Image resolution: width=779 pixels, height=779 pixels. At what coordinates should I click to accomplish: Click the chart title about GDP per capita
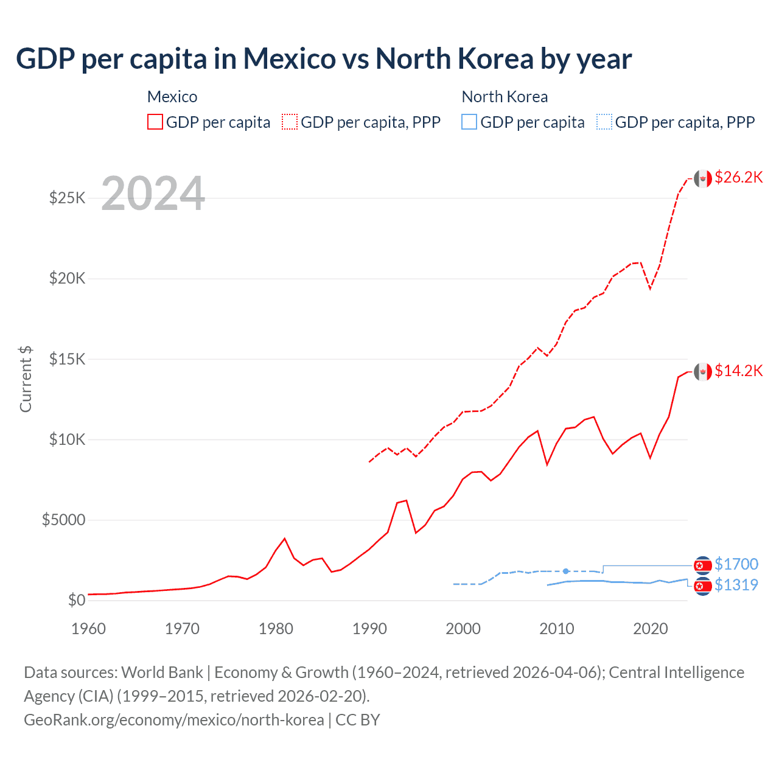point(324,59)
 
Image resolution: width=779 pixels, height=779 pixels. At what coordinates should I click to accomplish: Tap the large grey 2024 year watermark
point(153,194)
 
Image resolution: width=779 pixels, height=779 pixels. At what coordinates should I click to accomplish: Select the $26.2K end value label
point(738,177)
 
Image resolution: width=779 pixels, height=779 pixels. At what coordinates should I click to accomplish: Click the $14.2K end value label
point(738,371)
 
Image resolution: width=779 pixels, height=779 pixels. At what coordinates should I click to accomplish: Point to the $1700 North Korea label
point(736,564)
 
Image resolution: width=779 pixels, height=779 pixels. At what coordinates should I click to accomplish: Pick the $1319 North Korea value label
point(736,585)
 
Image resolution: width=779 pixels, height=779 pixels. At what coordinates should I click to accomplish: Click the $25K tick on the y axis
point(67,198)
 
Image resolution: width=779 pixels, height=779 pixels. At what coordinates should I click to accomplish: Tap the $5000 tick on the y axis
point(63,520)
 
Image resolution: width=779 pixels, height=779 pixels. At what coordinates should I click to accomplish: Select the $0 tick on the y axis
point(76,600)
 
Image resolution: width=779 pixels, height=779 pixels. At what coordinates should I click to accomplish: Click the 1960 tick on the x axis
point(89,629)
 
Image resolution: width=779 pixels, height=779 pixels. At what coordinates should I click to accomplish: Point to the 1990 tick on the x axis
point(369,629)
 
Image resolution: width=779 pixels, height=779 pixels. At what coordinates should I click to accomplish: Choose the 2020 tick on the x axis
point(651,629)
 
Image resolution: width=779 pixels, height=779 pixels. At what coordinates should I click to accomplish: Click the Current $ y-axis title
point(26,379)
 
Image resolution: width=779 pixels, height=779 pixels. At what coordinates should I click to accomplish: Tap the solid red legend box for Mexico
point(155,122)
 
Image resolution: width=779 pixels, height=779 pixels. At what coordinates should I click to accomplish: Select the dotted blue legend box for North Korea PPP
point(604,122)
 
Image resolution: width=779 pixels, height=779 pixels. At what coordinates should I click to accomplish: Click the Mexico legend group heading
point(172,97)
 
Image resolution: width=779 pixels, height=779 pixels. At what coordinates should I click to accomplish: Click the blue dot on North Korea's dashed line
point(566,571)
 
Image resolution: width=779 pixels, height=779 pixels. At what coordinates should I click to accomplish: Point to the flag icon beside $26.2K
point(703,178)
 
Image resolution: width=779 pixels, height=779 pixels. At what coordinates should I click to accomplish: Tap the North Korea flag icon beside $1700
point(703,565)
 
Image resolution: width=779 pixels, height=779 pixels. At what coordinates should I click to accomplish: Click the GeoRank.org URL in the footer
point(174,720)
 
